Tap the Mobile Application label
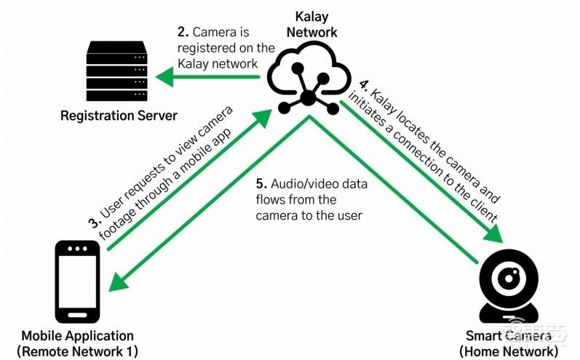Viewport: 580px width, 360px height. click(78, 336)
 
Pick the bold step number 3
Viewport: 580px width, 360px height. click(93, 222)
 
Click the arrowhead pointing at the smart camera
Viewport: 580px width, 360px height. click(494, 236)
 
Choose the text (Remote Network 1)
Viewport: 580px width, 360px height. click(78, 351)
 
